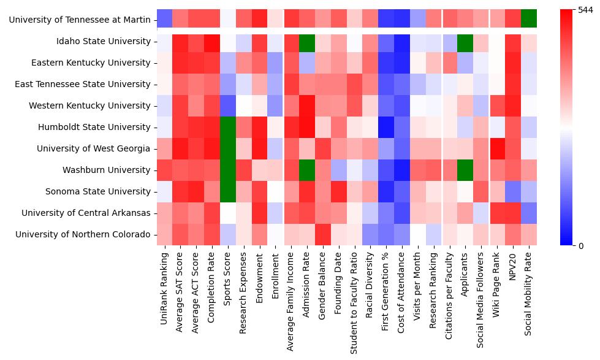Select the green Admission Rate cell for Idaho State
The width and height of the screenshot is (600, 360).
[306, 41]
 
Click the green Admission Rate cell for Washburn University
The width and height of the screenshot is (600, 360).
[306, 170]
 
